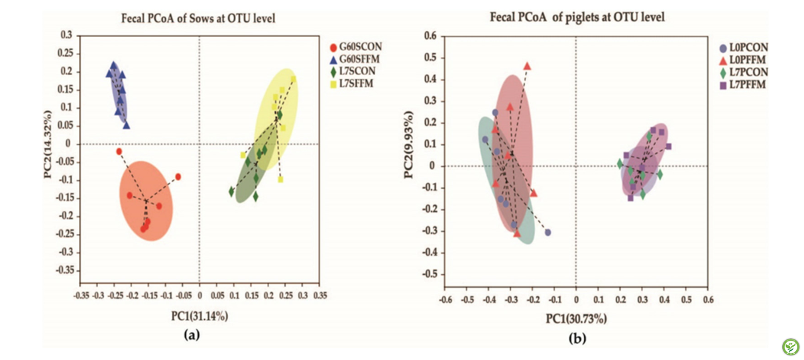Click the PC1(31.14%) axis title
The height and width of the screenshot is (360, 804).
[x=198, y=316]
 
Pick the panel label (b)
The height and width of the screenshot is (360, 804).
[x=577, y=339]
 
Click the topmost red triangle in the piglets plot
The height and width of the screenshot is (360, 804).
[x=528, y=66]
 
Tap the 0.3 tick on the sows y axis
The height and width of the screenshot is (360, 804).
[x=66, y=35]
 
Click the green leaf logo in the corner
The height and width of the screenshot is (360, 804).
[x=790, y=345]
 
